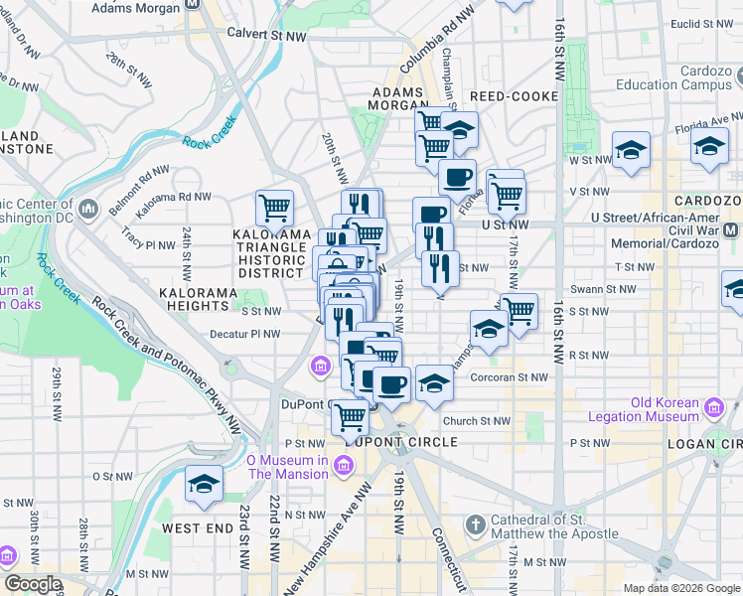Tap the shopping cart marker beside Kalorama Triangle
pos(274,208)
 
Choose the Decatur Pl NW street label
pos(245,334)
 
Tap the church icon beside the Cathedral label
pos(476,523)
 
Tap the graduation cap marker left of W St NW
pos(631,150)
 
